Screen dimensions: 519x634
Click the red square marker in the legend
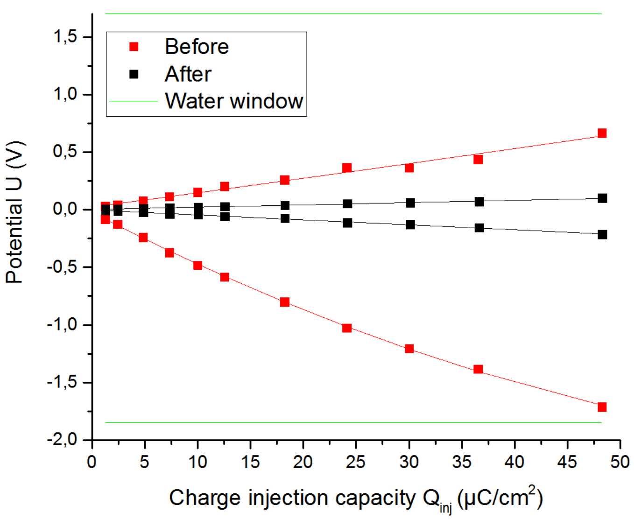coord(134,47)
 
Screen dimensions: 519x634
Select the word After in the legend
coord(188,74)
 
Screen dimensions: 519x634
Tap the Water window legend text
coord(234,101)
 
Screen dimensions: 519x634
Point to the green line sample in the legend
coord(134,101)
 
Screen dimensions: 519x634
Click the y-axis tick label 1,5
coord(65,36)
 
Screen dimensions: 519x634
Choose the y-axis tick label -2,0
coord(62,440)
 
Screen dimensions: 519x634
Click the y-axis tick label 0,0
coord(65,209)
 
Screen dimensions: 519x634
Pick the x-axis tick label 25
coord(356,462)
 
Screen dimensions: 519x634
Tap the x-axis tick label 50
coord(620,462)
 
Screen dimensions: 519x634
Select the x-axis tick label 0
coord(92,462)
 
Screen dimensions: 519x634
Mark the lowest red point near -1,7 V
coord(602,407)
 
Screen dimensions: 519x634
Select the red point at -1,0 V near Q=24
coord(346,328)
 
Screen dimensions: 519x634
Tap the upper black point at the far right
coord(602,198)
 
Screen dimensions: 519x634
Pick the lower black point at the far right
coord(602,234)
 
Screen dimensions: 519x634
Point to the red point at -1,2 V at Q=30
coord(409,349)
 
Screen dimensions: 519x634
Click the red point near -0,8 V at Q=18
coord(285,302)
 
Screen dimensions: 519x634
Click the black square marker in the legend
coord(134,74)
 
